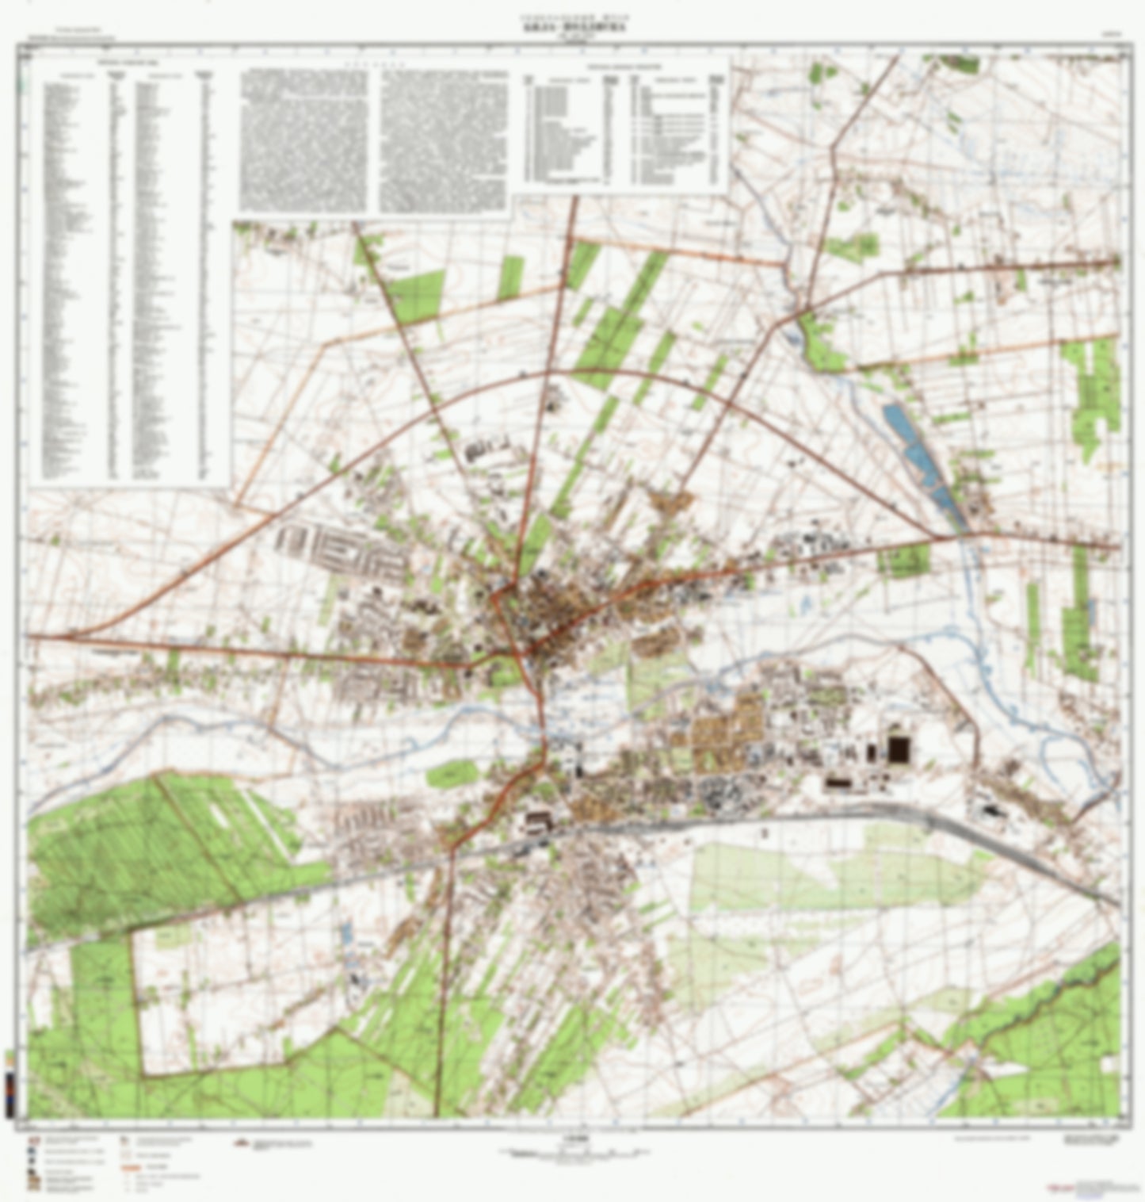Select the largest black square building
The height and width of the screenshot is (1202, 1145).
pyautogui.click(x=899, y=748)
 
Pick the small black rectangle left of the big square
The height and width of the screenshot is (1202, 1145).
pyautogui.click(x=872, y=751)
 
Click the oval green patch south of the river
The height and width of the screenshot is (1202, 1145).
pyautogui.click(x=452, y=772)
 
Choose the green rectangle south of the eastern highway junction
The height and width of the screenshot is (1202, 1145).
pyautogui.click(x=903, y=561)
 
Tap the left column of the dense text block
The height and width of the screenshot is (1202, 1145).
pyautogui.click(x=304, y=140)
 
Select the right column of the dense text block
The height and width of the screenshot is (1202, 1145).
pyautogui.click(x=443, y=140)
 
